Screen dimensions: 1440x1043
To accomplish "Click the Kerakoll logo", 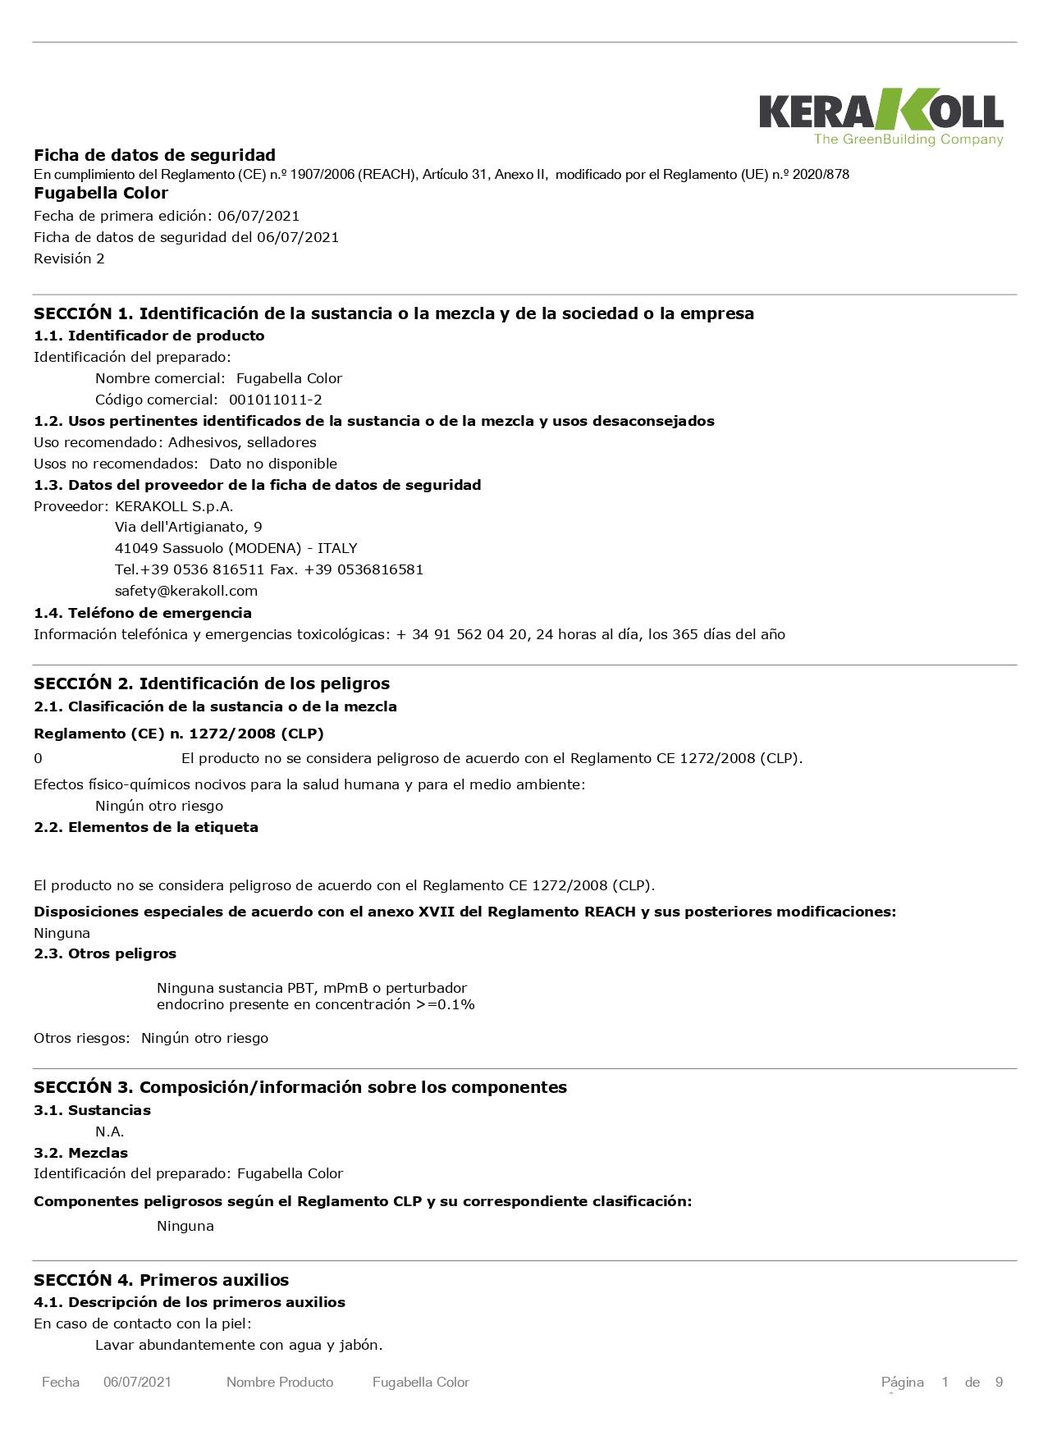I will pos(880,111).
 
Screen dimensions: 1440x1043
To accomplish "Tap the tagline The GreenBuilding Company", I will pos(908,139).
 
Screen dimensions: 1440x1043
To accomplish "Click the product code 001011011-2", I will pos(275,400).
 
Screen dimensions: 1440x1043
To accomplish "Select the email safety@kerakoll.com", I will pos(186,591).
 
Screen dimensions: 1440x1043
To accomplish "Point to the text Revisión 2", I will pos(69,258).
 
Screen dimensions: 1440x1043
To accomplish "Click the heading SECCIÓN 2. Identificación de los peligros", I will pos(212,683).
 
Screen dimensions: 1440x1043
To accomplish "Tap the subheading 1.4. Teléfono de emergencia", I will pos(143,613).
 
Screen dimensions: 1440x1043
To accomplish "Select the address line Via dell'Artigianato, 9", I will pos(189,527).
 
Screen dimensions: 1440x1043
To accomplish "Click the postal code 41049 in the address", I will pos(136,548).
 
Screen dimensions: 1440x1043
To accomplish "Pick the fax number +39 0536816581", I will pos(364,569).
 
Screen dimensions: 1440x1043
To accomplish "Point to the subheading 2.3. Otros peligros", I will pos(105,953).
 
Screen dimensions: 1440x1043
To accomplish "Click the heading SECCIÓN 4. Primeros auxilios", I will pos(161,1280).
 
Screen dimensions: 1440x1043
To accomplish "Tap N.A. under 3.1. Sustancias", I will pos(109,1131).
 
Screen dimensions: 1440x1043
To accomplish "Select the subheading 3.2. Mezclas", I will pos(80,1153).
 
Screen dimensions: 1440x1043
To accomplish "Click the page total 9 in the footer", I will pos(999,1383).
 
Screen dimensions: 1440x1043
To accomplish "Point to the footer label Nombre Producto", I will pos(280,1383).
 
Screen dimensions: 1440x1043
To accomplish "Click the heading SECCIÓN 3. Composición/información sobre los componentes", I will pos(300,1087).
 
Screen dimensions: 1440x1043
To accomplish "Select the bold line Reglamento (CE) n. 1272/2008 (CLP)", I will pos(179,734).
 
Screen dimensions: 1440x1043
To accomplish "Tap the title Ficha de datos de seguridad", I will pos(154,155).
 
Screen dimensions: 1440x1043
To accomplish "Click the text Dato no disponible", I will pos(273,464).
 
